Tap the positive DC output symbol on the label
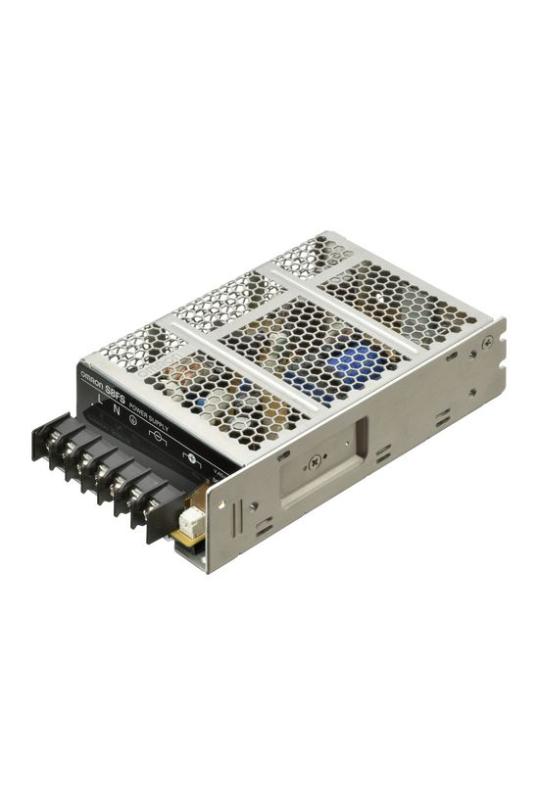pos(192,455)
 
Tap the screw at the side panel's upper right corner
pos(486,342)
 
